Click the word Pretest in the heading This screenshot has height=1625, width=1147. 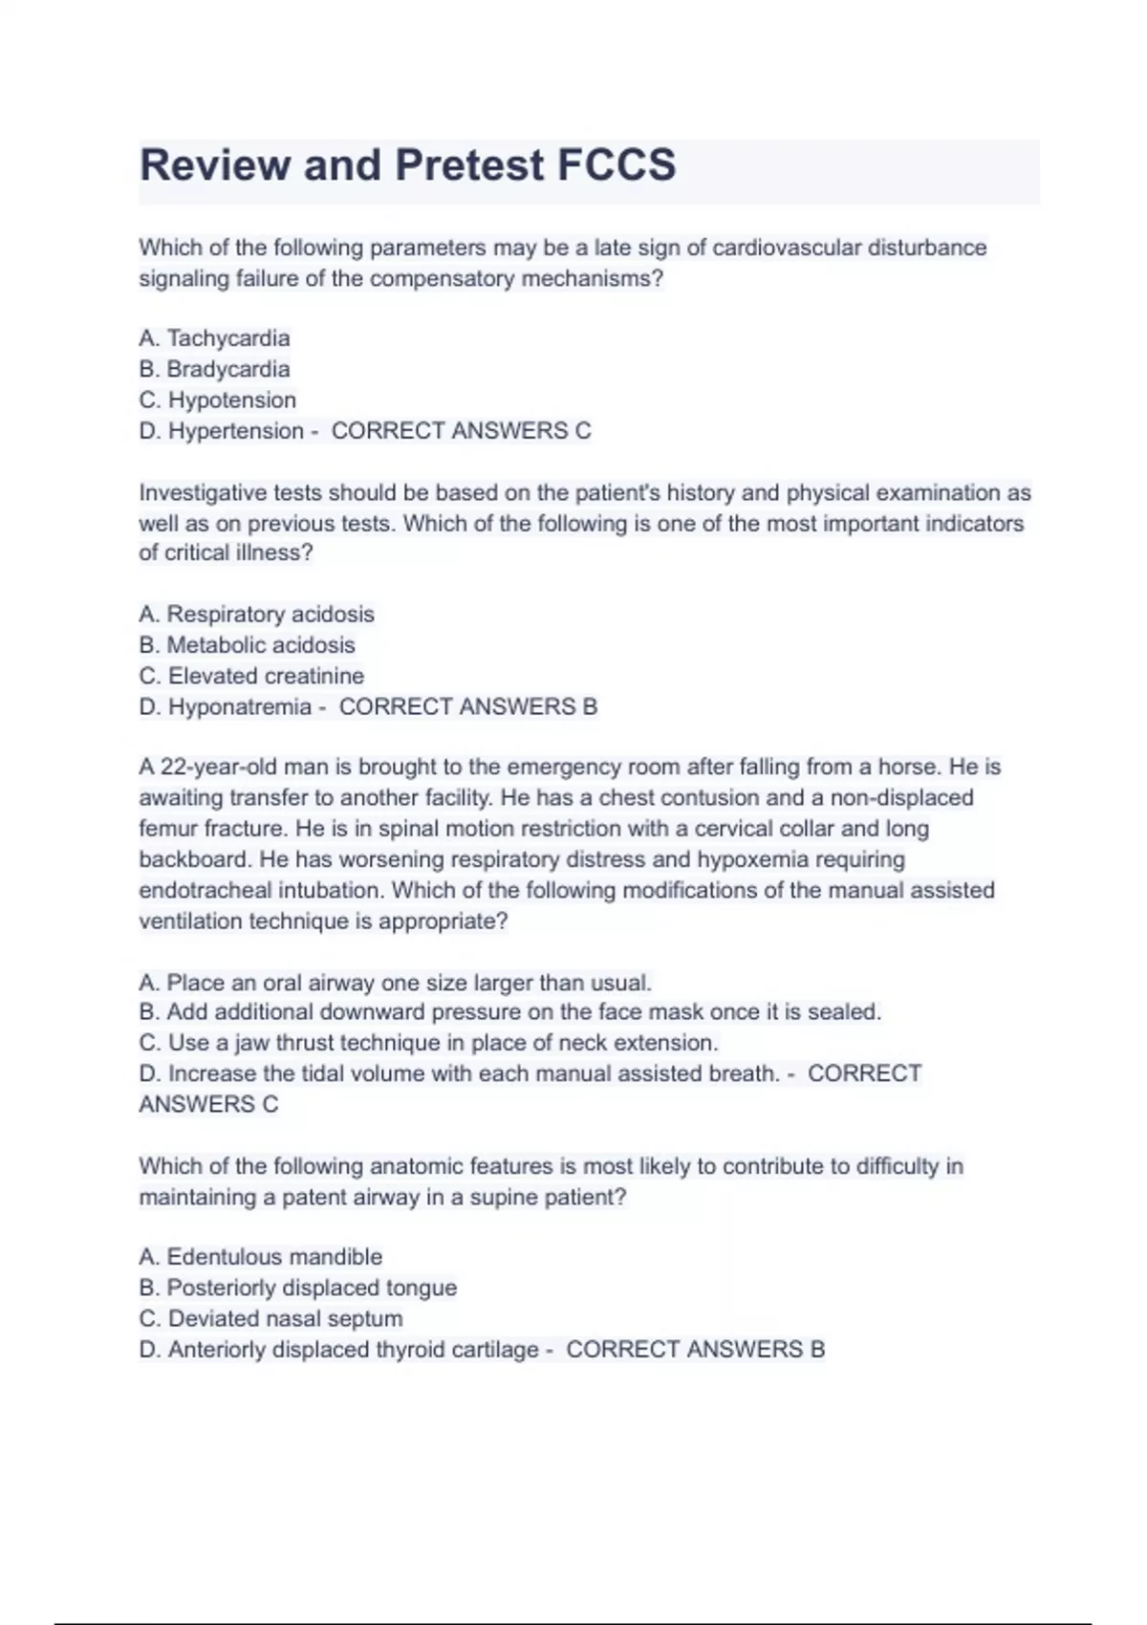[469, 165]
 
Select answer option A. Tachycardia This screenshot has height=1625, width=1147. [214, 338]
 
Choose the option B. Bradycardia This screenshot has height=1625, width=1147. [214, 369]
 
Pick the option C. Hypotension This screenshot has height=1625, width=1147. [217, 400]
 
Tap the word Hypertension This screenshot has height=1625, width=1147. [236, 431]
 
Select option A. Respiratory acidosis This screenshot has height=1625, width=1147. [256, 614]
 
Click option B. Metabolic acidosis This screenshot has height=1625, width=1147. [247, 645]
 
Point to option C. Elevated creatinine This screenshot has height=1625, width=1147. [251, 676]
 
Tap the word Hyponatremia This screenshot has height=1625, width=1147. [240, 707]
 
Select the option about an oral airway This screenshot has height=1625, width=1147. [395, 983]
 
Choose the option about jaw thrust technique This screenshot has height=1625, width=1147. [428, 1043]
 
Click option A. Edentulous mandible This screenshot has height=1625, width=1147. [260, 1257]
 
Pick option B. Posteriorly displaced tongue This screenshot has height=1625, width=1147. [297, 1288]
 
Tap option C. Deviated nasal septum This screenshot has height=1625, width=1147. [271, 1319]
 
